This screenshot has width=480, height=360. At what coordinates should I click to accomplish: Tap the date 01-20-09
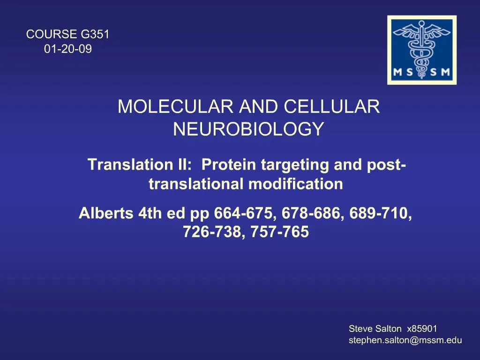[x=68, y=49]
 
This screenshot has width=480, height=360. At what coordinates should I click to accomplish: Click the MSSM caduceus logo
[x=421, y=50]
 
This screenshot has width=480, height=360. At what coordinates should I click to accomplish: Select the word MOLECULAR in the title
[x=175, y=107]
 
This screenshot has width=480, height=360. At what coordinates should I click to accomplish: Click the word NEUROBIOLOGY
[x=248, y=129]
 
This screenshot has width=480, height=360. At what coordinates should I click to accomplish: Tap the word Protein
[x=229, y=165]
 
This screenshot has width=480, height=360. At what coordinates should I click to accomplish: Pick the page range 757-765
[x=280, y=232]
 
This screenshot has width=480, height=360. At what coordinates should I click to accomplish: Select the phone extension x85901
[x=422, y=329]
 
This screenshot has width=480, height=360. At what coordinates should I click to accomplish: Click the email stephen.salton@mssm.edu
[x=405, y=341]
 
